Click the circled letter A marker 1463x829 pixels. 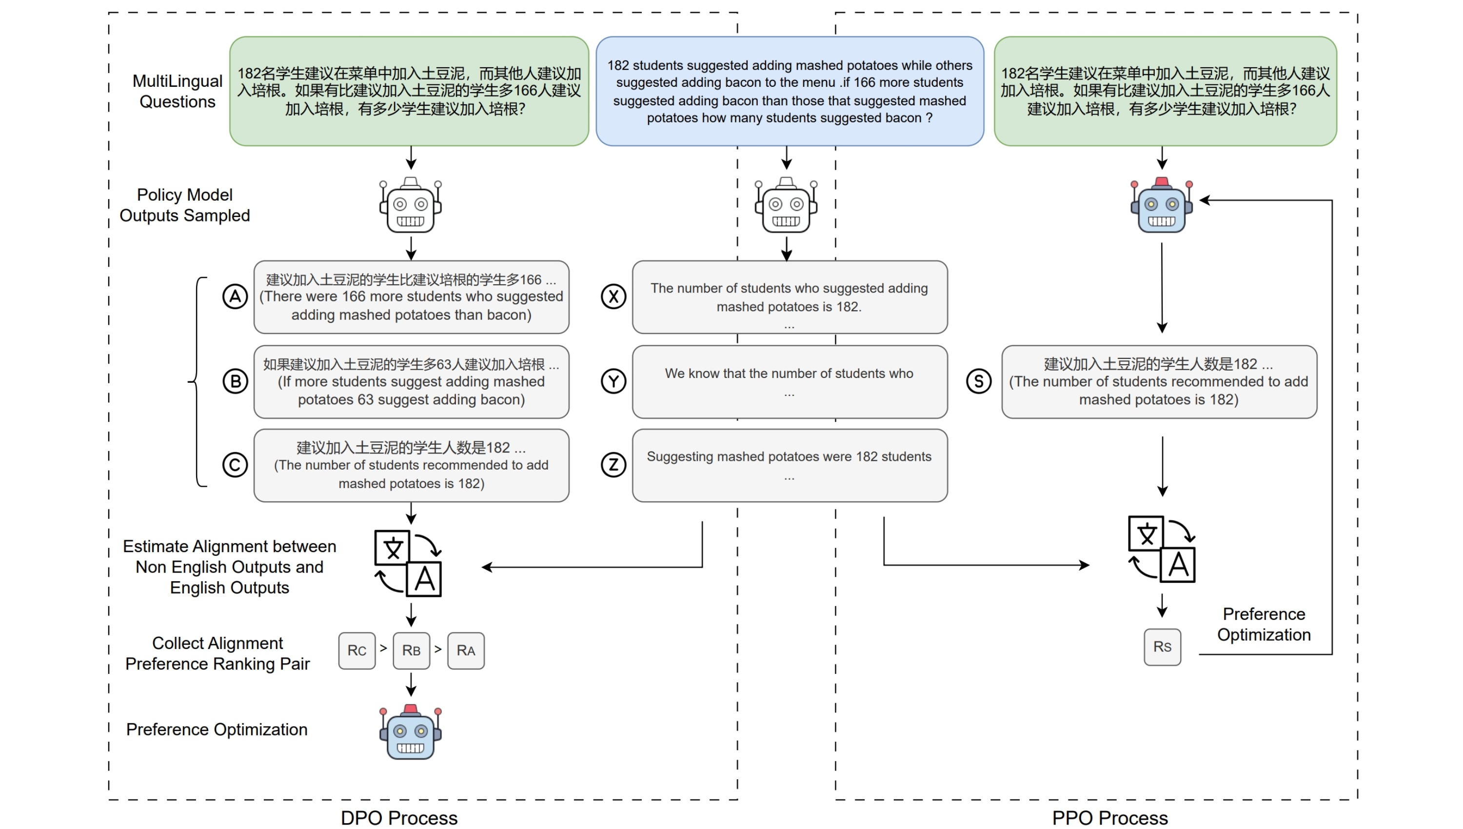pos(235,296)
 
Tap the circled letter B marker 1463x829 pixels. pos(235,381)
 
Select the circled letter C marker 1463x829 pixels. pos(235,465)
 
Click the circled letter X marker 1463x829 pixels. pos(613,296)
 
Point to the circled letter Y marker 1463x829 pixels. pos(613,381)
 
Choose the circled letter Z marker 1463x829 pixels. pos(613,465)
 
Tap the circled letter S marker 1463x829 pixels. pos(979,381)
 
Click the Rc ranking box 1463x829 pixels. pos(357,650)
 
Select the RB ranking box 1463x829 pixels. pos(411,650)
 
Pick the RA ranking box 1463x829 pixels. pos(466,650)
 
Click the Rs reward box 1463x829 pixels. pos(1162,647)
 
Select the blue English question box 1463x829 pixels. pos(789,91)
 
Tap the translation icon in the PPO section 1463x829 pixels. pos(1161,549)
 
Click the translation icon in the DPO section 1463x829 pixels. pos(408,564)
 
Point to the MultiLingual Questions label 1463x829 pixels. pos(177,91)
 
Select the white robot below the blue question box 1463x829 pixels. pos(786,205)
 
